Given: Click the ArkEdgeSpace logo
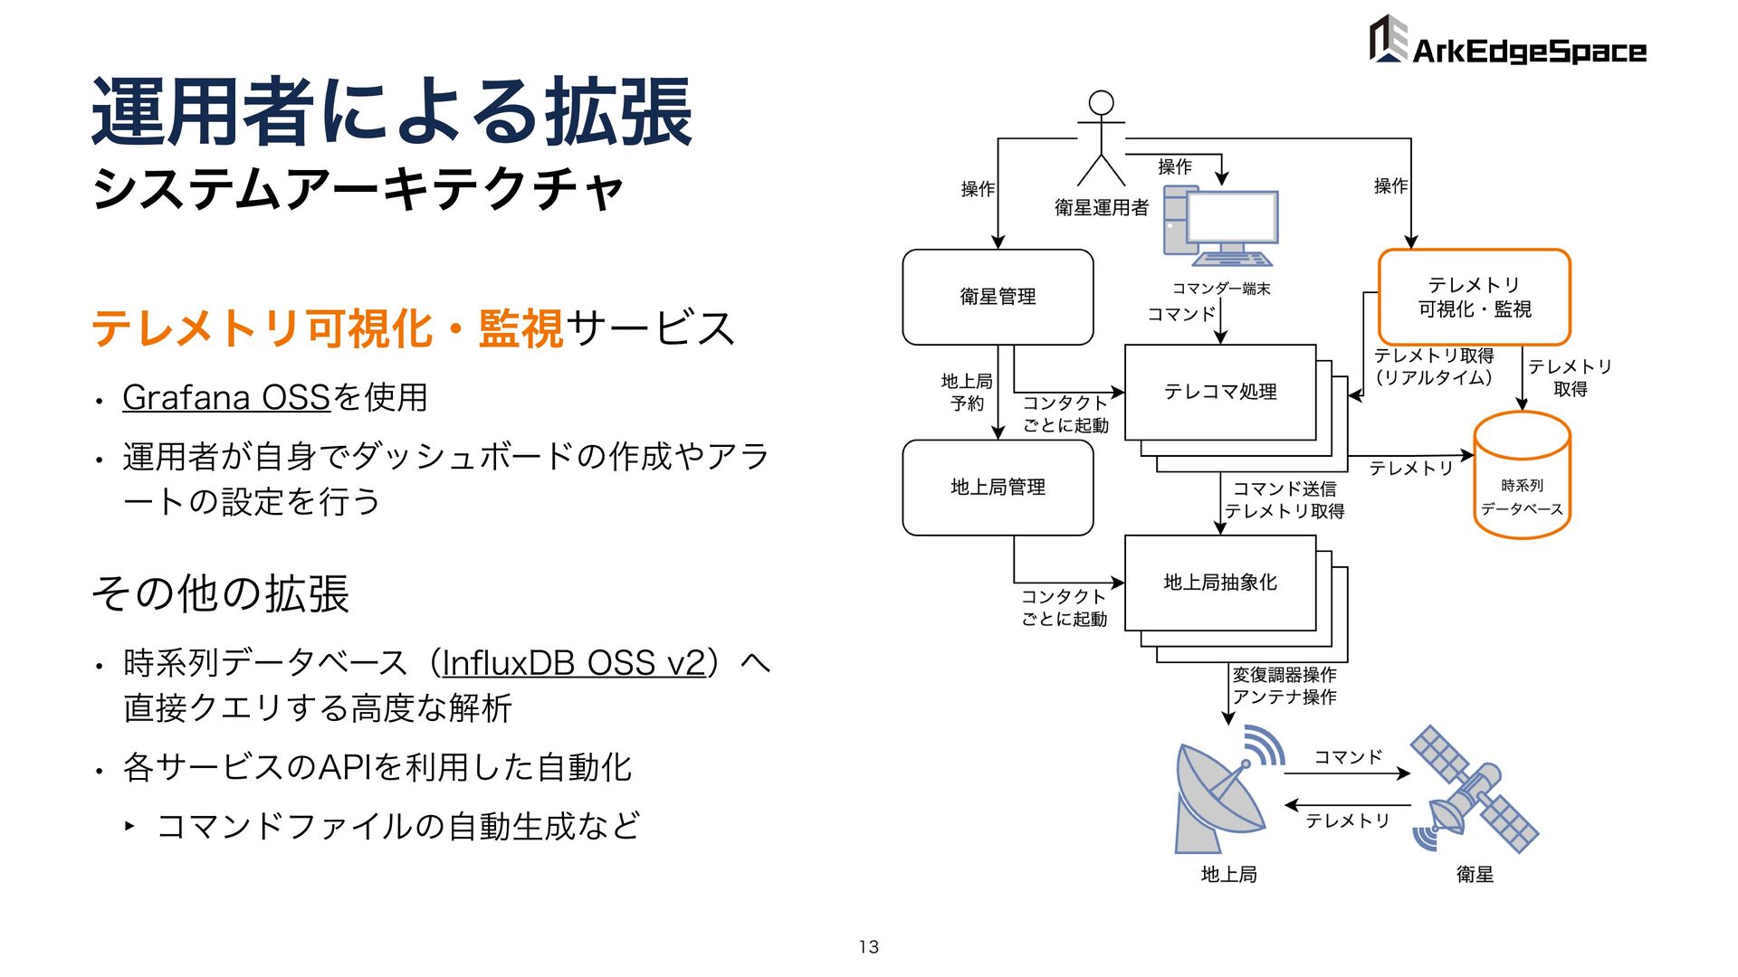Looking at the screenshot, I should coord(1506,42).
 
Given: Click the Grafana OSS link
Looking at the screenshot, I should coord(226,397).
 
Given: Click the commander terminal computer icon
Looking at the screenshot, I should coord(1220,227).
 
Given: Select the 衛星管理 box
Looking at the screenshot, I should coord(998,297).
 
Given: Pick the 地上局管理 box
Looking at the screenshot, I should coord(998,488).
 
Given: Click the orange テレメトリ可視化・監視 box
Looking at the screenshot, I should coord(1474,297).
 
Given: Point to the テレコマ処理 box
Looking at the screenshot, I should coord(1219,392).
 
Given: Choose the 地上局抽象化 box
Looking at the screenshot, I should coord(1219,583).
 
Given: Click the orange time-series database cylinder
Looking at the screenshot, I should coord(1522,476).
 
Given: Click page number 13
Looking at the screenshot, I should coord(869,947).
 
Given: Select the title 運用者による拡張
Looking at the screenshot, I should coord(392,113).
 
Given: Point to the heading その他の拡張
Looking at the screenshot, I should coord(221,594).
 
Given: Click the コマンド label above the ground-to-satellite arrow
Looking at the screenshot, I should coord(1348,757).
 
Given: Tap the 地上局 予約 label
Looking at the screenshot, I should coord(967,393).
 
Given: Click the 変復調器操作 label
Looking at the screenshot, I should coord(1284,675).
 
